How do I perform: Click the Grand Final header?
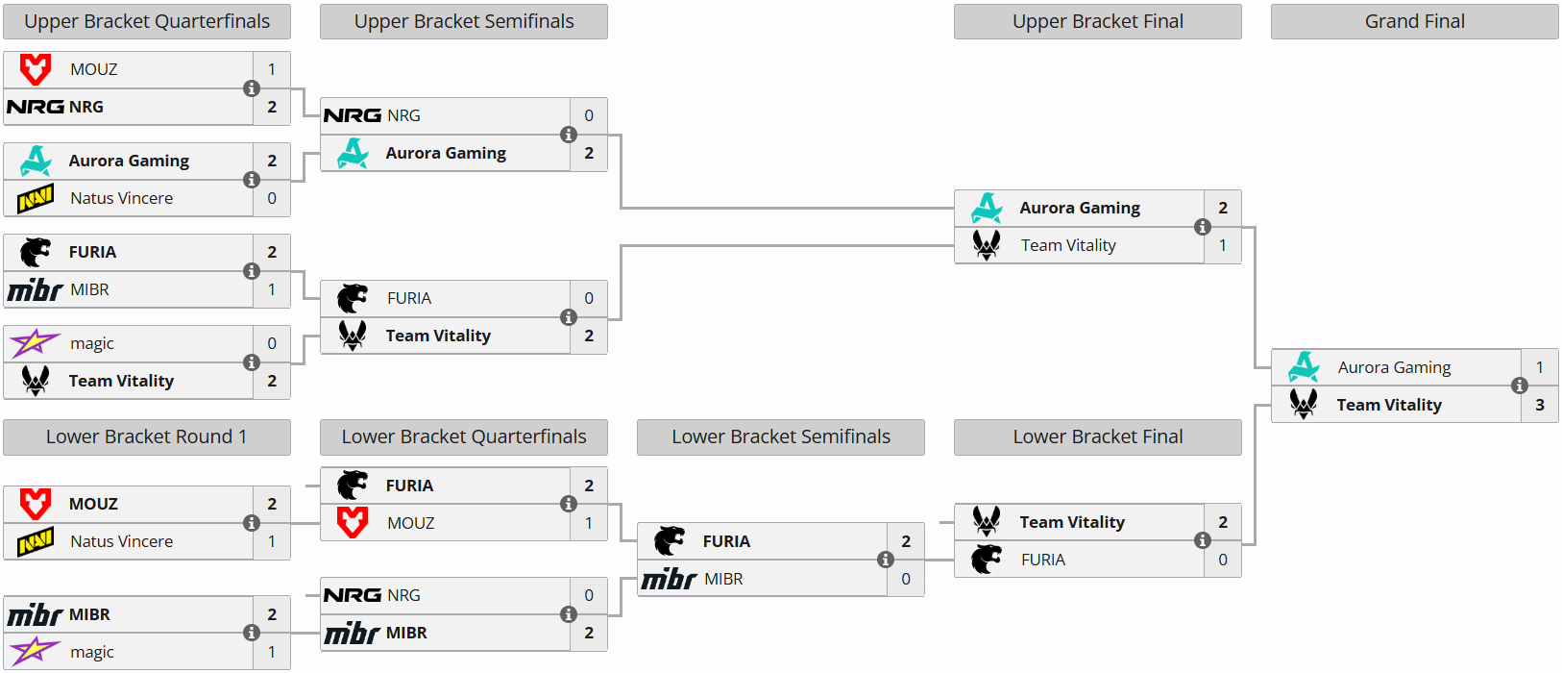[1414, 22]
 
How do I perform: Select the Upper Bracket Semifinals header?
[464, 22]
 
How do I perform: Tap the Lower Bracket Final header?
[1098, 437]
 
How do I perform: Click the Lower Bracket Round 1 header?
[146, 437]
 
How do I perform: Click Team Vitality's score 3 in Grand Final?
[1540, 405]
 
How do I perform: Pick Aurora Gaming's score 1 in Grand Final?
[1540, 367]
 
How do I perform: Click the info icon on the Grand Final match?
[1520, 386]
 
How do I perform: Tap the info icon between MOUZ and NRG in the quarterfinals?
[252, 88]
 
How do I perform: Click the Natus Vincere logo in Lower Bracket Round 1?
[36, 541]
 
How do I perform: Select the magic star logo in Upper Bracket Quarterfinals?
[35, 343]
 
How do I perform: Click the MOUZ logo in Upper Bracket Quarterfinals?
[36, 69]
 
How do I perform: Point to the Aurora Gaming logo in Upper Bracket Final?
[987, 208]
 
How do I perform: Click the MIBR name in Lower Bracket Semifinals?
[723, 580]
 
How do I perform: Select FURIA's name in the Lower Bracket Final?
[1043, 560]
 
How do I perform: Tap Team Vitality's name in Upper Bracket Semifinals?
[439, 336]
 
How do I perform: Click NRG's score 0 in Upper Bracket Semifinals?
[589, 115]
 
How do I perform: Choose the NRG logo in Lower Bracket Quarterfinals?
[353, 595]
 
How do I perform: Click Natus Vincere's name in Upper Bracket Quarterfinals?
[121, 198]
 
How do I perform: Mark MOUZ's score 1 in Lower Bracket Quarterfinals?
[589, 524]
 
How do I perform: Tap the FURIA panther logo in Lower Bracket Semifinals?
[670, 541]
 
